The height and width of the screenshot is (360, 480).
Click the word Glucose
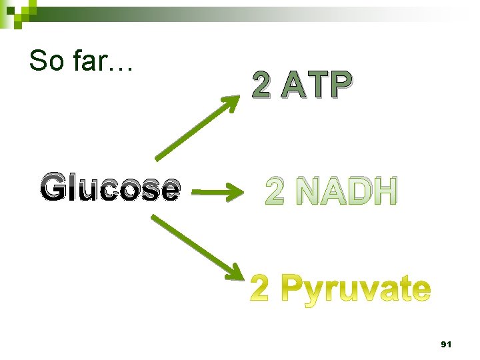[x=110, y=189]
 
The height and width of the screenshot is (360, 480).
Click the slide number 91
[x=446, y=345]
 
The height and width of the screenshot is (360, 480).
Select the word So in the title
[x=45, y=61]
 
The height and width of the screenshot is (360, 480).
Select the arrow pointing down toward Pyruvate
[x=196, y=247]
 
